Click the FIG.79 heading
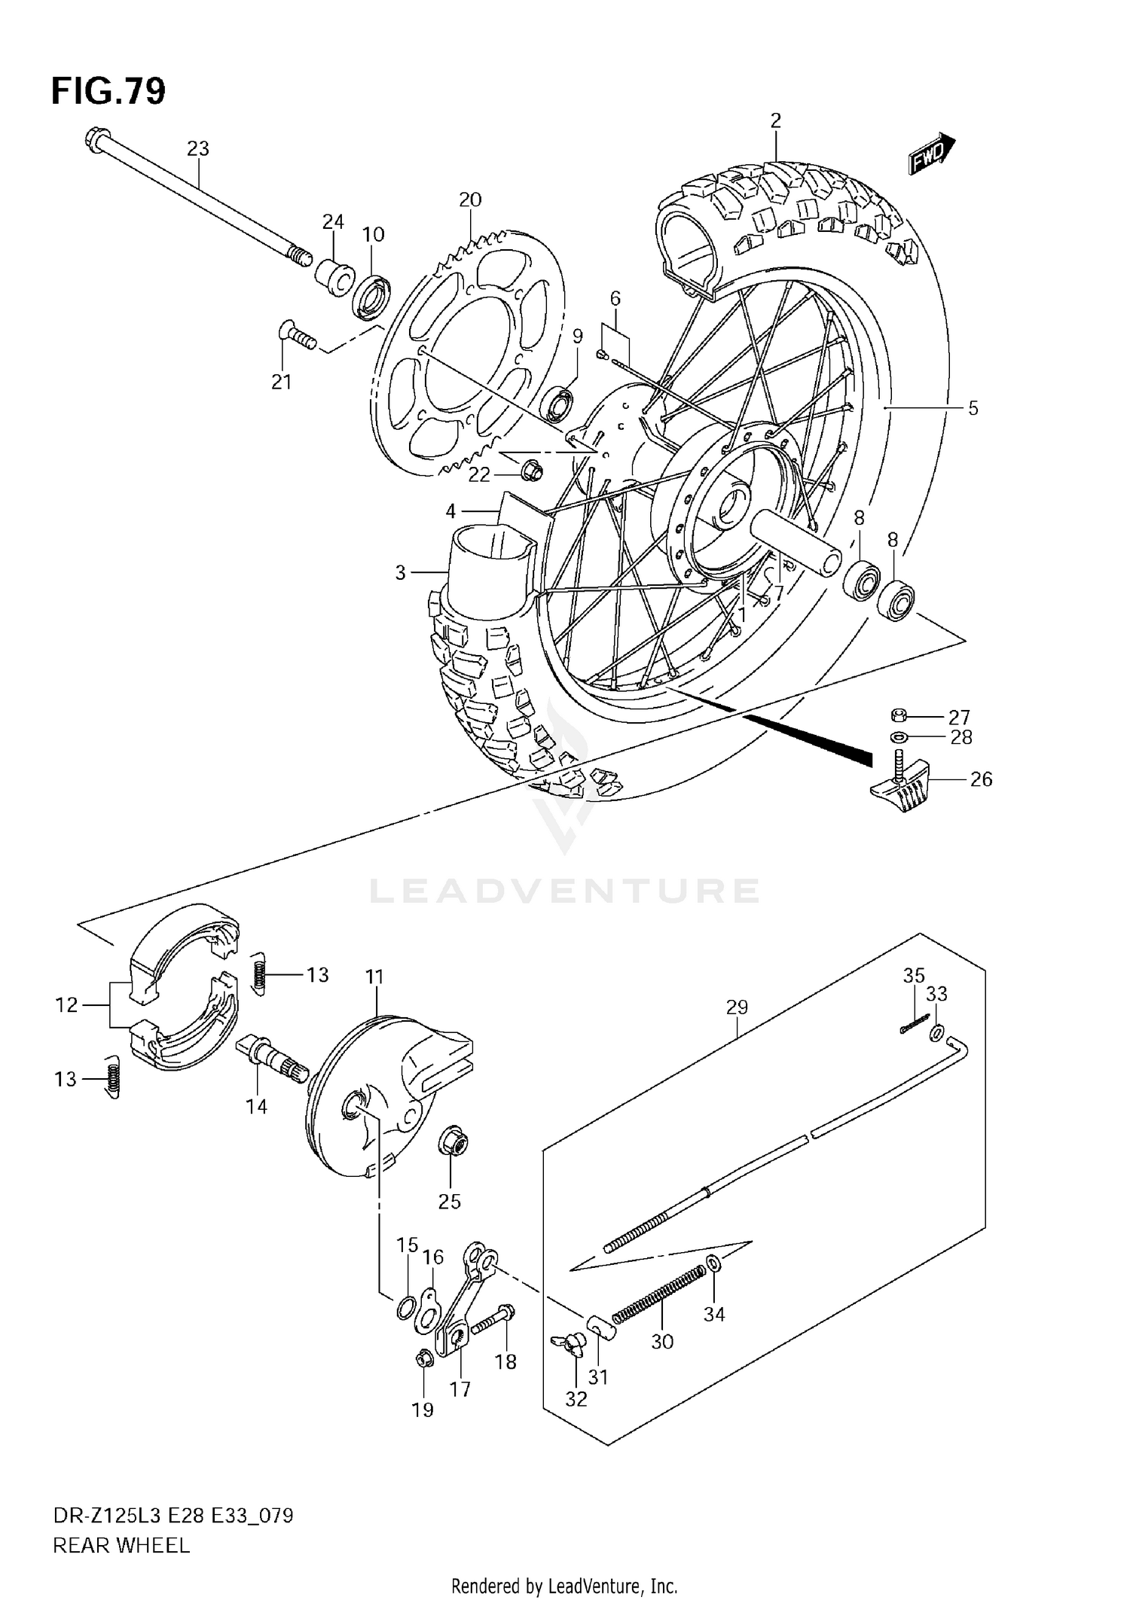coord(108,92)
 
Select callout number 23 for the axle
coord(197,149)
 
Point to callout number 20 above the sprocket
coord(469,200)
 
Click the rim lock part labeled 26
coord(901,787)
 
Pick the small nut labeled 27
coord(898,715)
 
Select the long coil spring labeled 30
coord(658,1293)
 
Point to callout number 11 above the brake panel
coord(374,977)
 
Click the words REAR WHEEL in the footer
coord(121,1546)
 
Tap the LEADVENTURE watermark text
coord(564,891)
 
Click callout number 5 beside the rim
coord(973,408)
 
